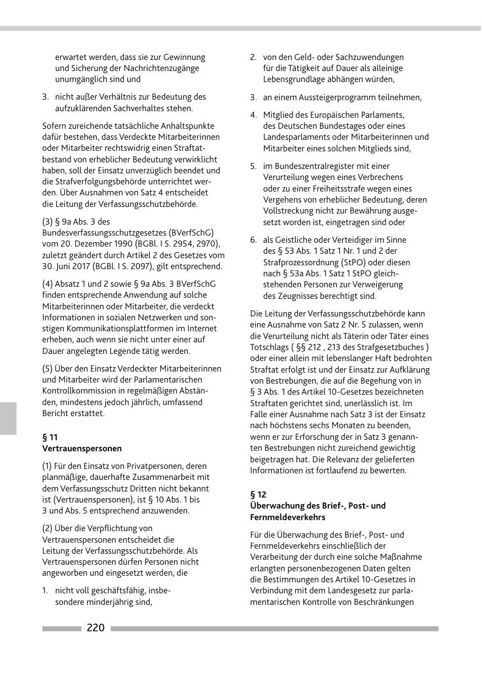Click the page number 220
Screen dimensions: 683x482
click(x=95, y=628)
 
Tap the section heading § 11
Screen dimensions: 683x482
click(x=50, y=438)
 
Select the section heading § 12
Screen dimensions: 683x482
click(x=258, y=494)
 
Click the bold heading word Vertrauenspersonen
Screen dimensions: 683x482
click(x=82, y=449)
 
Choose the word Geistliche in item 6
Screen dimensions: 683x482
click(x=292, y=240)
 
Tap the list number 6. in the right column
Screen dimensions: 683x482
click(x=253, y=240)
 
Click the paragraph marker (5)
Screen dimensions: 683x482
click(x=48, y=368)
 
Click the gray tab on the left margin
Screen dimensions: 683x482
click(x=8, y=418)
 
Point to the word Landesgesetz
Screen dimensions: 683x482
click(x=350, y=591)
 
